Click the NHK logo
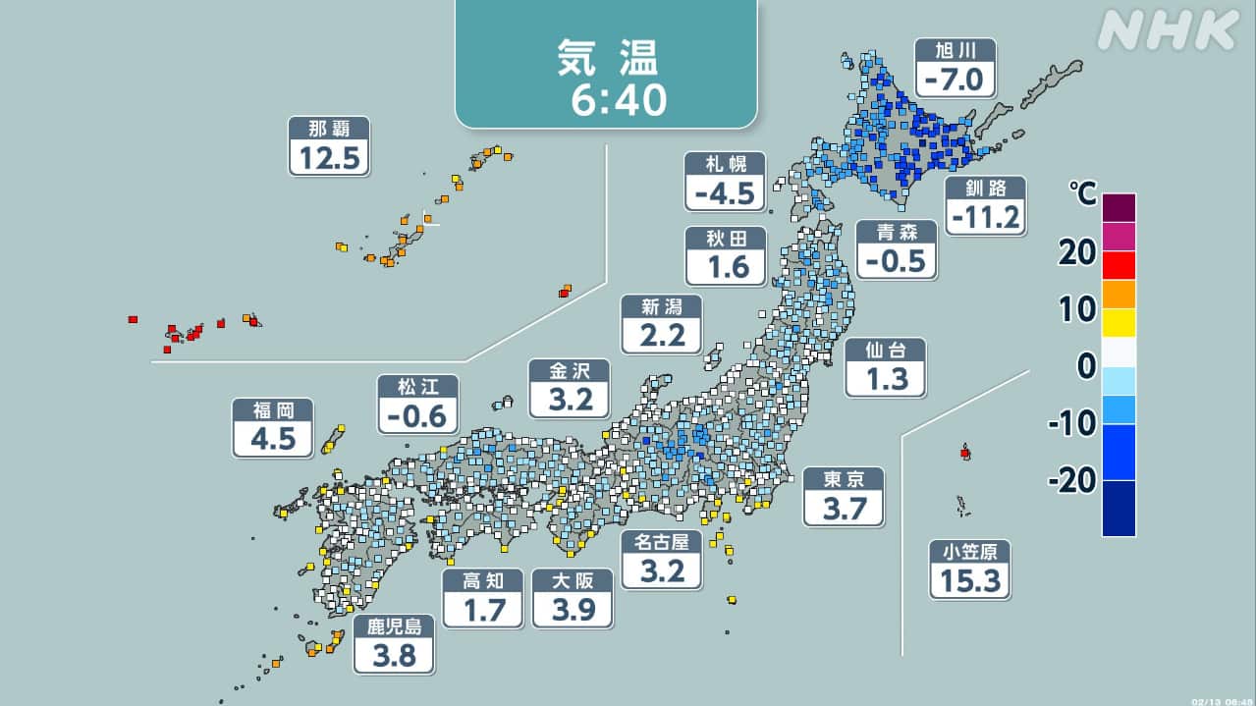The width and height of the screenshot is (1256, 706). click(x=1167, y=31)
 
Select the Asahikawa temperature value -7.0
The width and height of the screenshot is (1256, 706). click(x=955, y=78)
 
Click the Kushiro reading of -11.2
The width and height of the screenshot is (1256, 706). click(x=986, y=217)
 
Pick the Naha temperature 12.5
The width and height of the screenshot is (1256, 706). click(x=329, y=157)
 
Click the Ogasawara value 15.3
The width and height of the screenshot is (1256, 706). click(x=969, y=581)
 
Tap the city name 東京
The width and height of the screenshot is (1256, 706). click(x=844, y=480)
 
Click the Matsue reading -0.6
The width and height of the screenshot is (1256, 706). click(x=418, y=415)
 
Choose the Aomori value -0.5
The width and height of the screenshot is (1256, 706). click(x=896, y=260)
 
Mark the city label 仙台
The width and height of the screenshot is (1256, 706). click(x=885, y=351)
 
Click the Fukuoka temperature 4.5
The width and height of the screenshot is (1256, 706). click(x=273, y=439)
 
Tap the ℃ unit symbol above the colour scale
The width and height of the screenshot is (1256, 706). click(x=1084, y=194)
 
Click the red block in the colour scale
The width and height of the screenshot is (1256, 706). click(x=1119, y=265)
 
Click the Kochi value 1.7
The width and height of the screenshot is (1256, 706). click(x=483, y=610)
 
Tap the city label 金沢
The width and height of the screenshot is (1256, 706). click(x=569, y=372)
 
